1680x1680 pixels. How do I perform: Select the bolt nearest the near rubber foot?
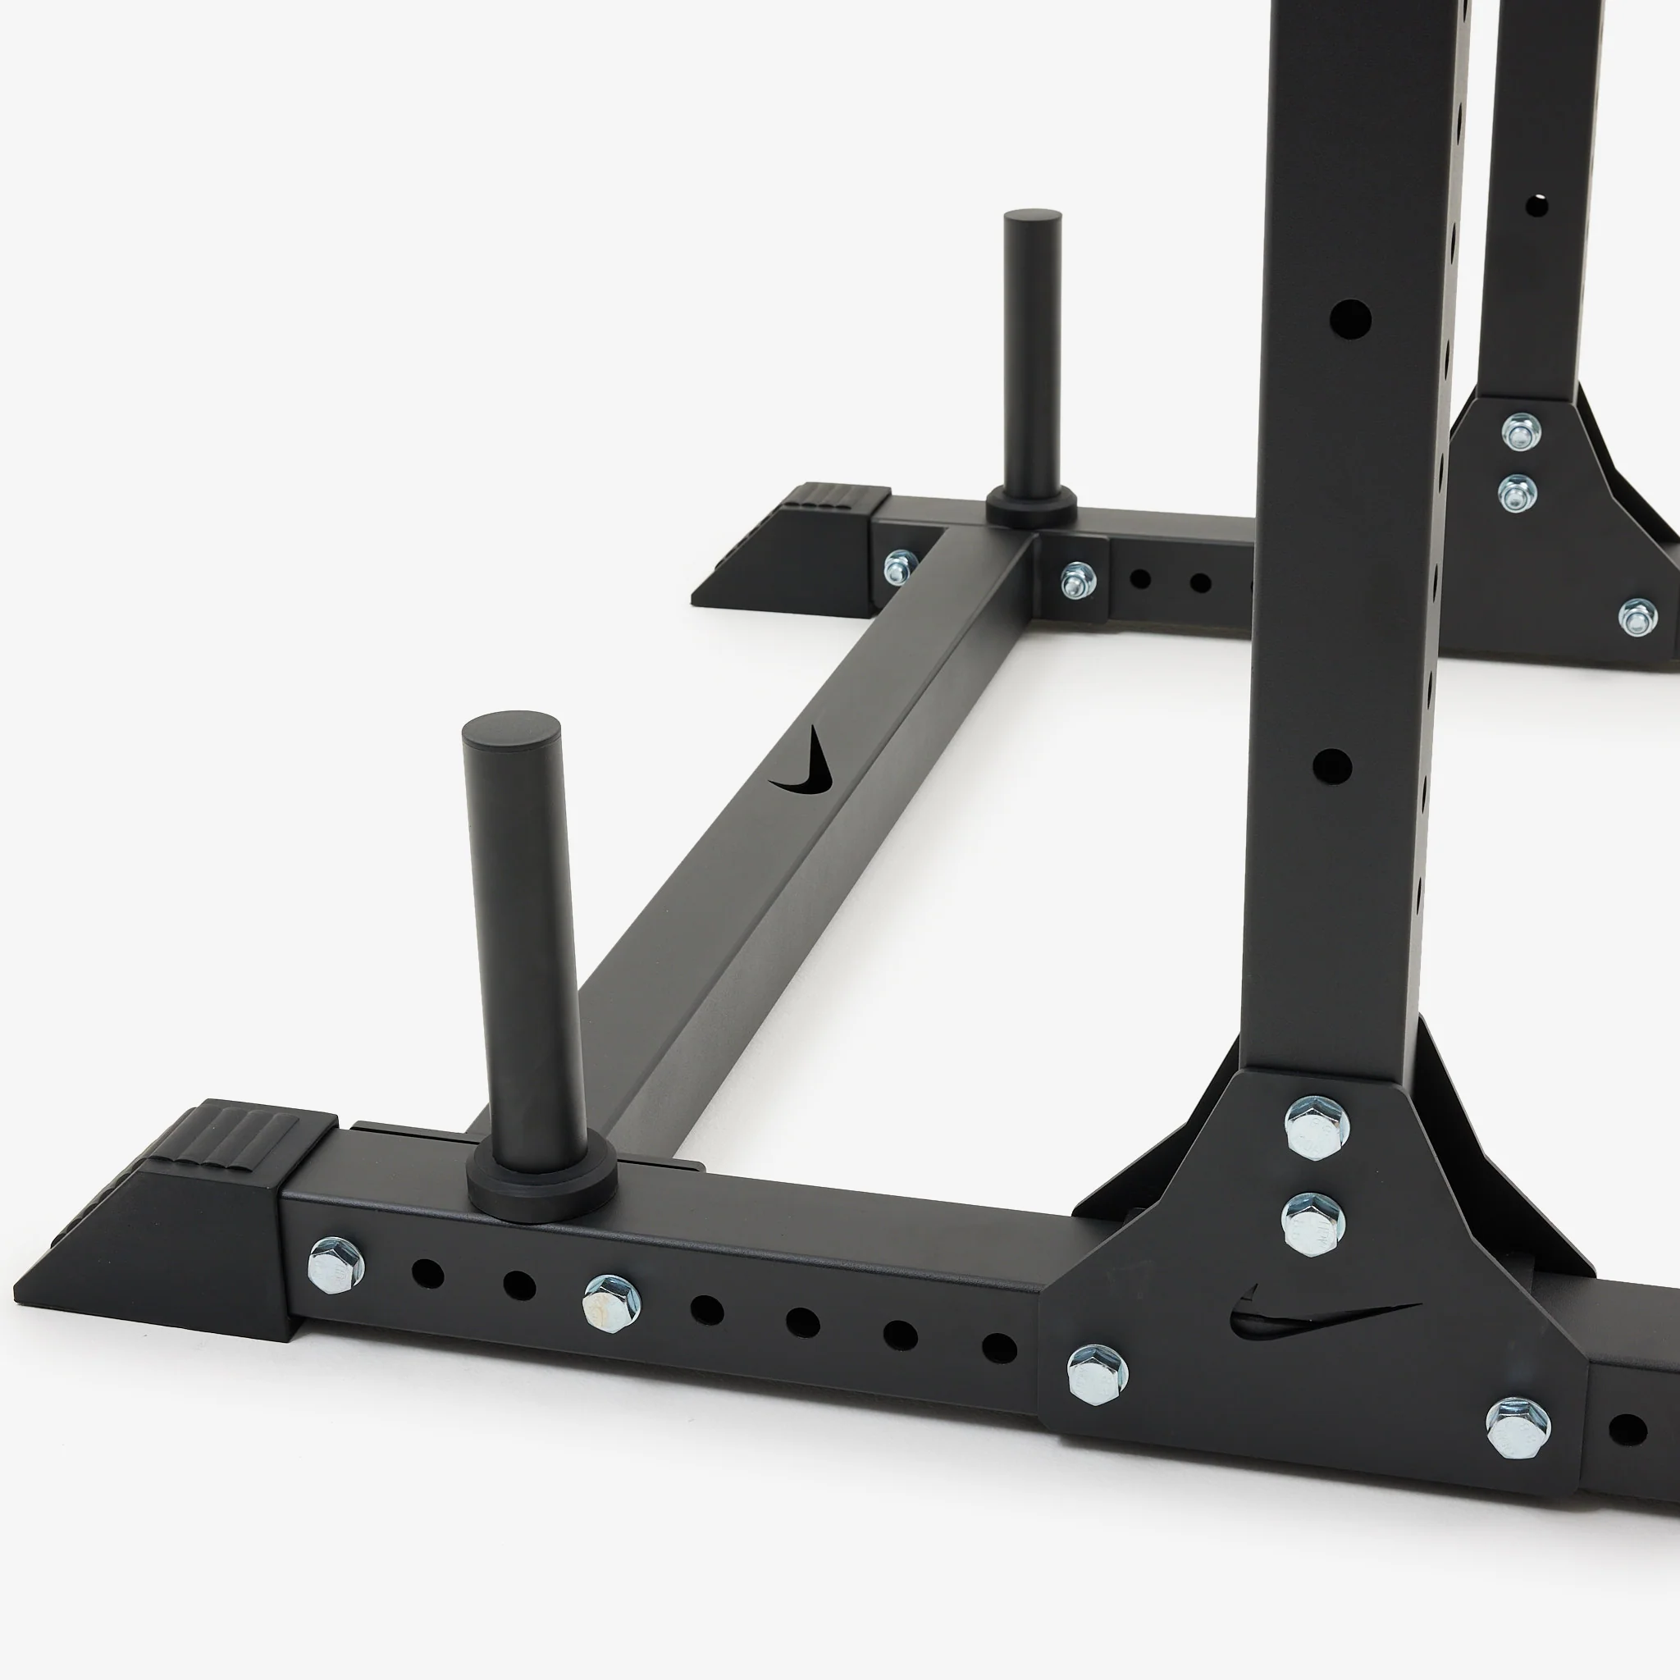point(336,1264)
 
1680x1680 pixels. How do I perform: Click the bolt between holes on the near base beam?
point(611,1302)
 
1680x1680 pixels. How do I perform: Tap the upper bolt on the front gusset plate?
point(1317,1127)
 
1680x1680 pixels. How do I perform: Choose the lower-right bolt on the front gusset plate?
point(1518,1428)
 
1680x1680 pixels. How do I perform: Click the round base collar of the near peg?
point(541,1183)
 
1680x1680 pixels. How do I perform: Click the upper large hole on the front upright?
point(1350,319)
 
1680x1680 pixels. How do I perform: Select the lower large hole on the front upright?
point(1332,766)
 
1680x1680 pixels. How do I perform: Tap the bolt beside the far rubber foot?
point(900,567)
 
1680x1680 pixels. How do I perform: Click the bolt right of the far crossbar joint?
point(1077,578)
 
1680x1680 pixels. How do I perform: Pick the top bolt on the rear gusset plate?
point(1521,431)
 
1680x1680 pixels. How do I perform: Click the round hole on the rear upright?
point(1536,206)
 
